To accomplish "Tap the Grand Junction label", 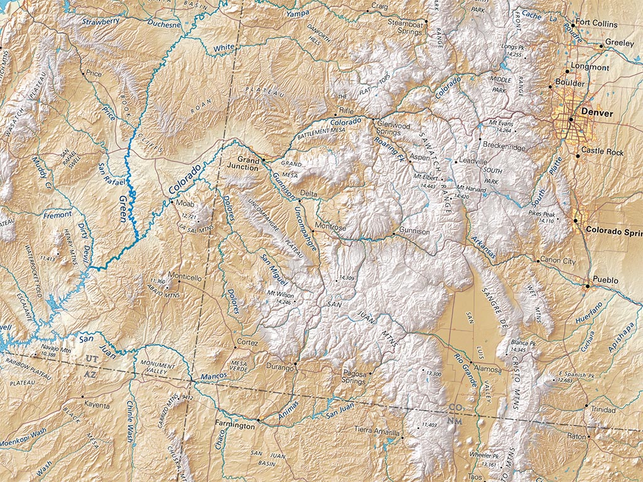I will pyautogui.click(x=247, y=163).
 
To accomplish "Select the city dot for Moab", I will pyautogui.click(x=171, y=202).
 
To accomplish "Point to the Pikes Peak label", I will pyautogui.click(x=541, y=215).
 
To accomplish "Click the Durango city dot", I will pyautogui.click(x=295, y=363).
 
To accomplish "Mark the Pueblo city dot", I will pyautogui.click(x=588, y=287).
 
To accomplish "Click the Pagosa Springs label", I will pyautogui.click(x=354, y=377).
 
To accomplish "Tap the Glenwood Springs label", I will pyautogui.click(x=393, y=129).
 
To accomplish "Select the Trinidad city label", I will pyautogui.click(x=603, y=409).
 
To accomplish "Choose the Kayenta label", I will pyautogui.click(x=97, y=405).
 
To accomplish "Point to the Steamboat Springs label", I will pyautogui.click(x=406, y=27).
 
